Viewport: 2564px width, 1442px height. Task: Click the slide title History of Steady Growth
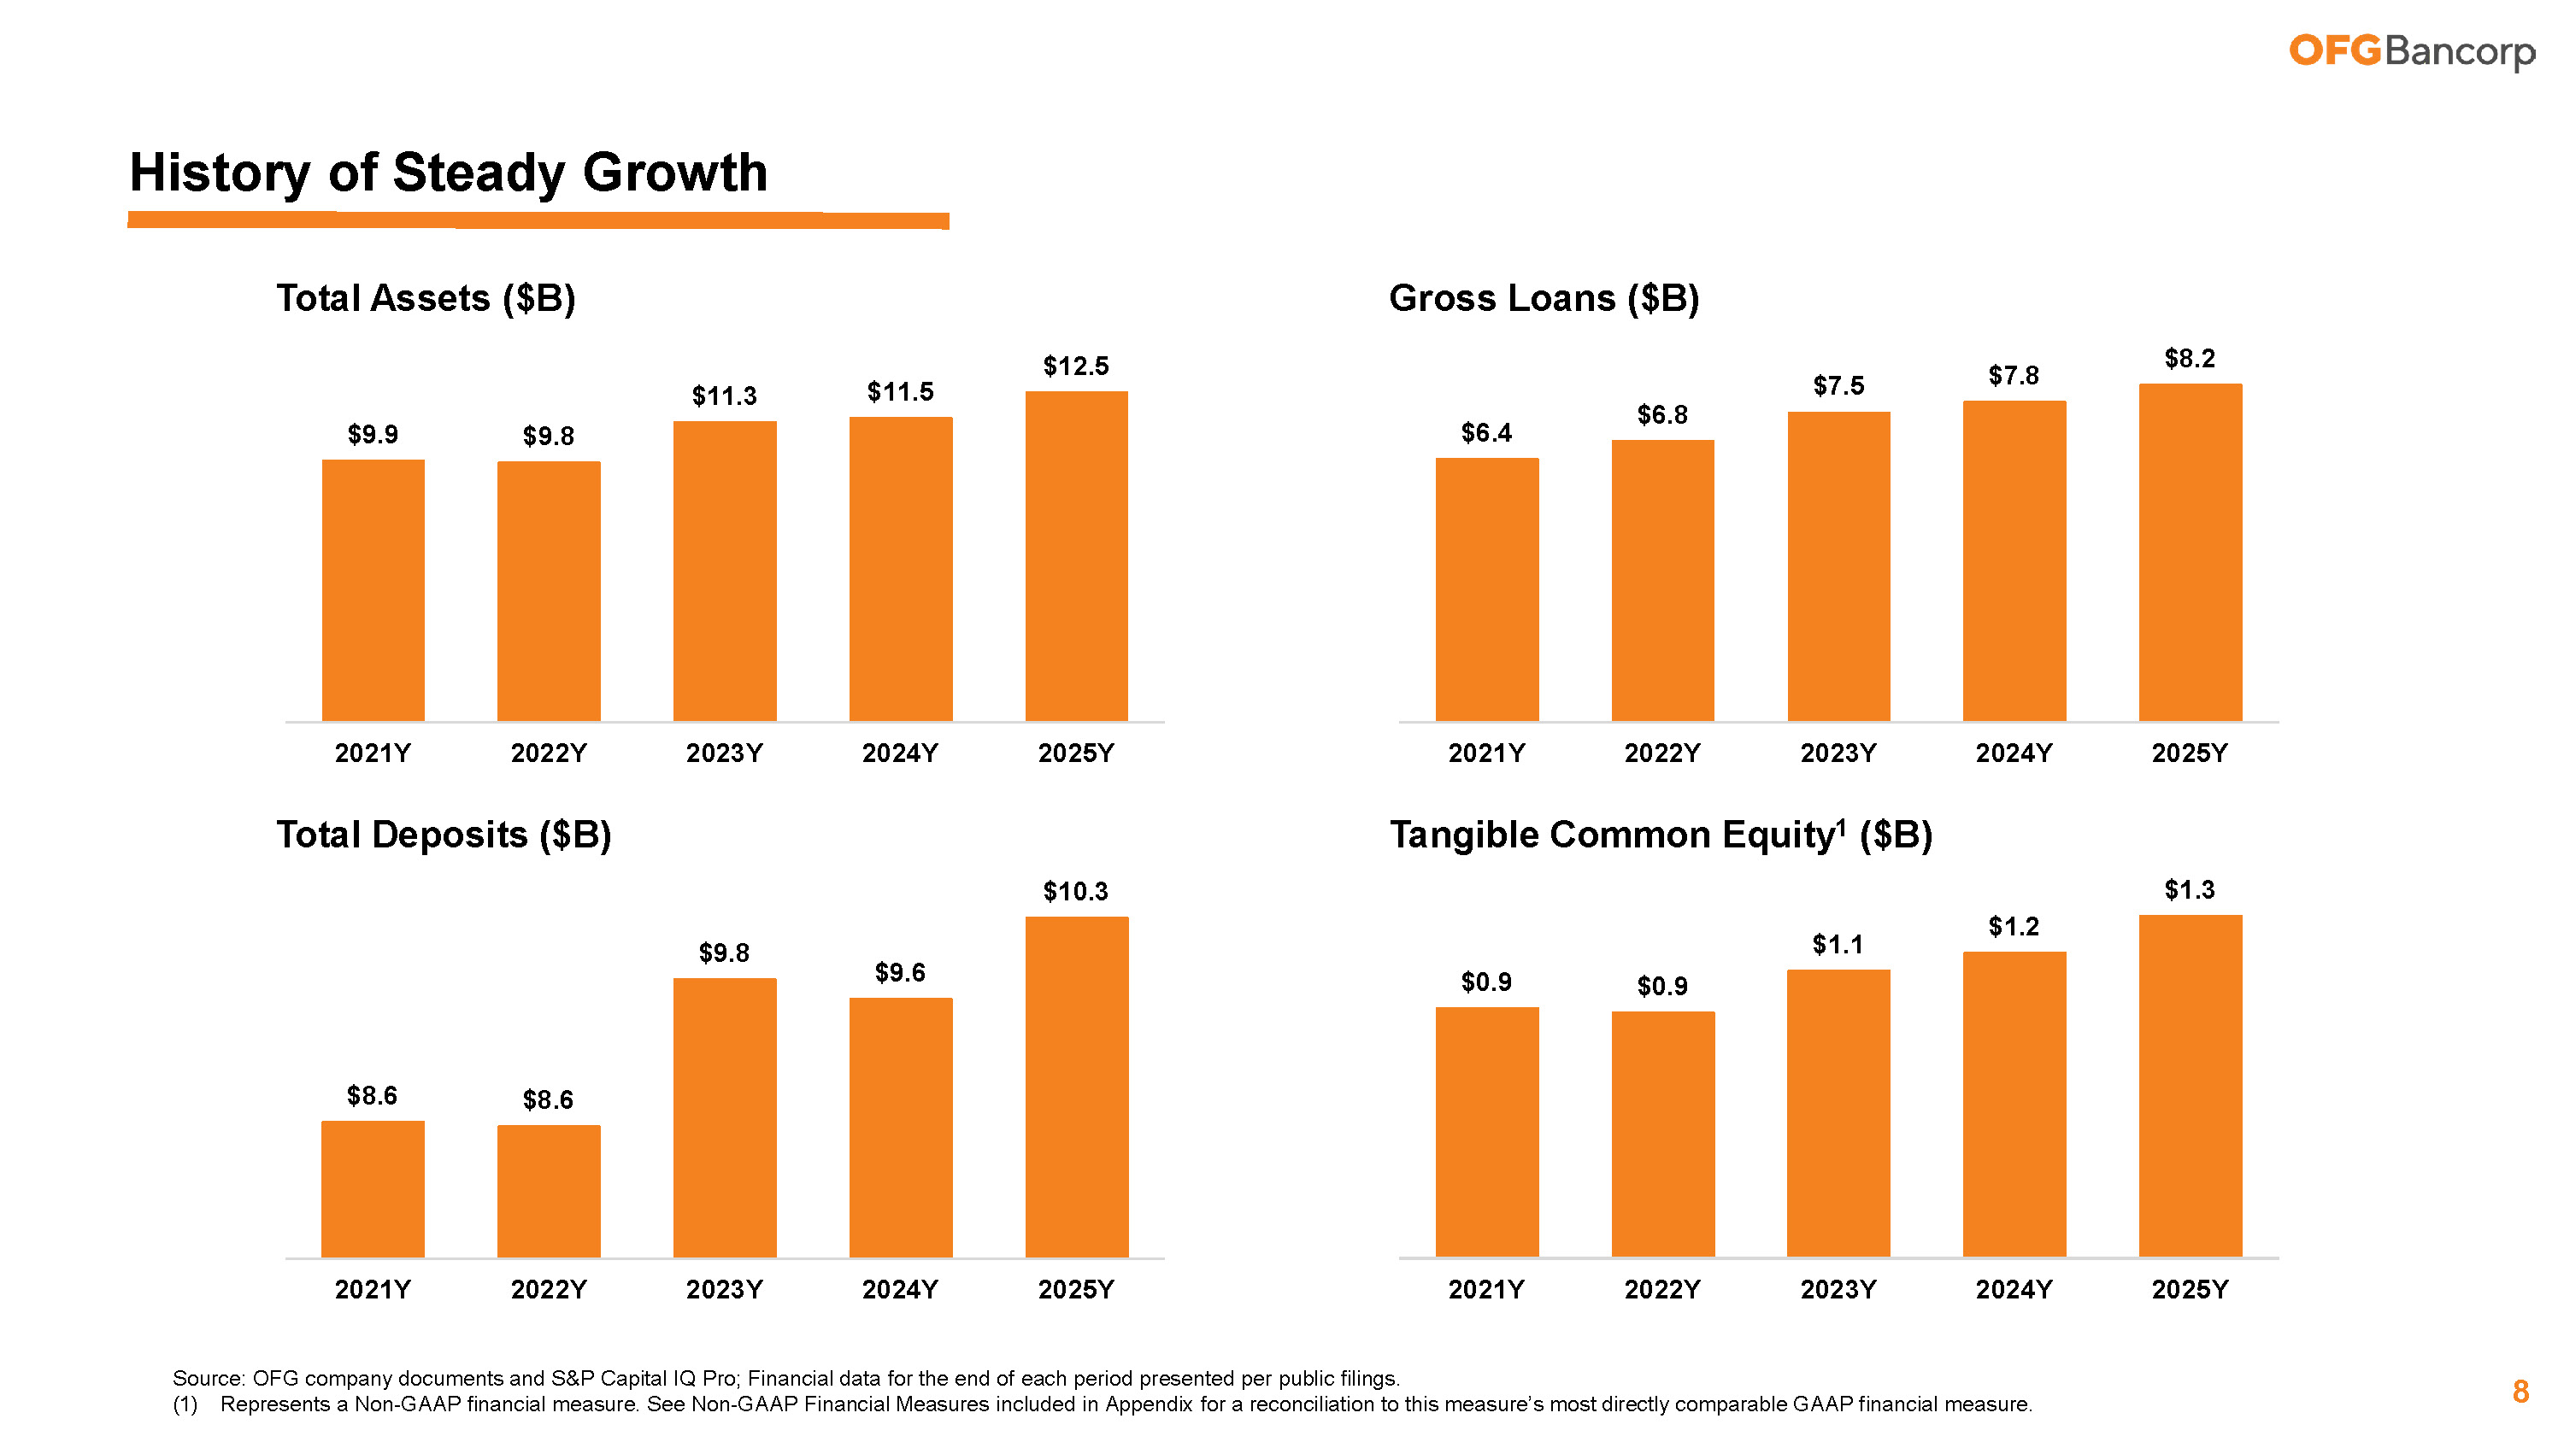[x=448, y=173]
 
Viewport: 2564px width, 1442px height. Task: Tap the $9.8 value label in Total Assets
[x=549, y=436]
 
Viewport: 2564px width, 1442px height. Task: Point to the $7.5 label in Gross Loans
[x=1838, y=386]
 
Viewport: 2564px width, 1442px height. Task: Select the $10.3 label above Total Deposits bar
[x=1075, y=892]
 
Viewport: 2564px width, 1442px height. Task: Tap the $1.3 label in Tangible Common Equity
[x=2189, y=889]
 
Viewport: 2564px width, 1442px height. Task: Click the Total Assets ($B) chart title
[x=426, y=298]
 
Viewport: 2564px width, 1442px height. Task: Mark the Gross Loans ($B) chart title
[x=1544, y=298]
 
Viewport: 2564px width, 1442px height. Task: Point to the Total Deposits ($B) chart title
[x=444, y=835]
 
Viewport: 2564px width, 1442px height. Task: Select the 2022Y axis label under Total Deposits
[x=549, y=1290]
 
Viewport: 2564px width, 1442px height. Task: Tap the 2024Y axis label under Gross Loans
[x=2014, y=753]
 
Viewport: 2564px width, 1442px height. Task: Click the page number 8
[x=2520, y=1392]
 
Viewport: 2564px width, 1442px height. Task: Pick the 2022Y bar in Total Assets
[x=549, y=591]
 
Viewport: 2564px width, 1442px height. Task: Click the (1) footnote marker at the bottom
[x=185, y=1404]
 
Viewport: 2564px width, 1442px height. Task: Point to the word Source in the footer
[x=207, y=1378]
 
